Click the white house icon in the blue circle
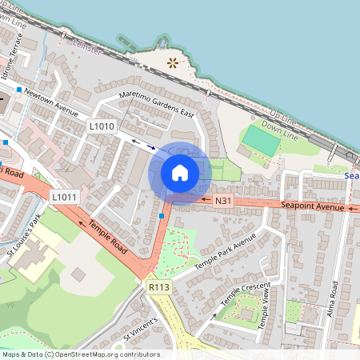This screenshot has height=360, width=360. click(180, 172)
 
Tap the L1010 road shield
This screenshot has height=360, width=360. click(102, 126)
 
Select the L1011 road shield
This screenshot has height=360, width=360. click(64, 197)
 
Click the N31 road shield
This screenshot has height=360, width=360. click(223, 200)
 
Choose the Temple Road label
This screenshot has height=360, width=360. click(108, 238)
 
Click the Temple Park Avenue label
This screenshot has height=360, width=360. click(226, 251)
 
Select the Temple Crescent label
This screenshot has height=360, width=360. click(246, 297)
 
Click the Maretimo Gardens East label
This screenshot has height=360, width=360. click(157, 105)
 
